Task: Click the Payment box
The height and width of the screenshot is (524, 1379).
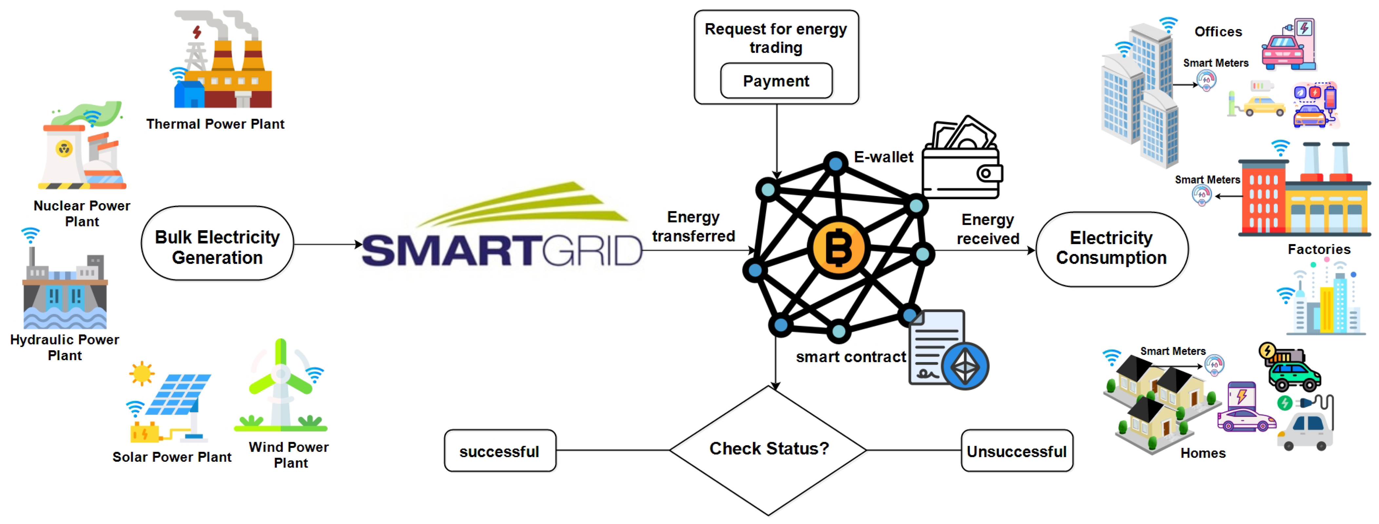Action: point(776,81)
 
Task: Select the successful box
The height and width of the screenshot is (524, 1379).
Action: point(499,451)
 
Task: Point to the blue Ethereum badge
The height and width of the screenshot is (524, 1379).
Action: point(965,367)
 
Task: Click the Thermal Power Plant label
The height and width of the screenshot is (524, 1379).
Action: point(215,124)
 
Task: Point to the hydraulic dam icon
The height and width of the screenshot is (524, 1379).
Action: point(65,292)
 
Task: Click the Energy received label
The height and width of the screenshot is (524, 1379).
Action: point(988,229)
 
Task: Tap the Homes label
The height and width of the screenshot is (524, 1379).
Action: point(1202,453)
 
